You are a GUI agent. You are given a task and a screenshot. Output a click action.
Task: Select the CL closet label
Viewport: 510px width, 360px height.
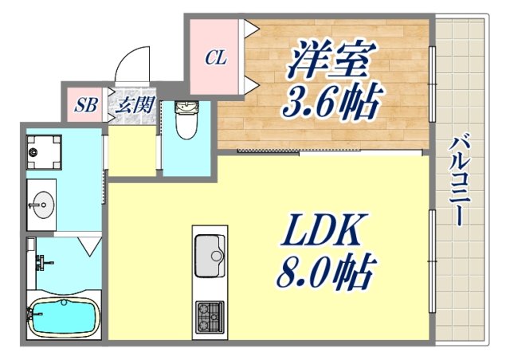[215, 58]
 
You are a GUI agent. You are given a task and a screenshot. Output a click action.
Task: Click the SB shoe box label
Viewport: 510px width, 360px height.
[84, 104]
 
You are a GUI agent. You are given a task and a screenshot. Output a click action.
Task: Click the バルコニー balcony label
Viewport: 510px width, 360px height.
[457, 180]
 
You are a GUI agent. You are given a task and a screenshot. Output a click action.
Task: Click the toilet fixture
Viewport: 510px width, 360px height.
[186, 121]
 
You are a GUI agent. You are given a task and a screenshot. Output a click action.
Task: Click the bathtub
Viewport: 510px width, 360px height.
[63, 318]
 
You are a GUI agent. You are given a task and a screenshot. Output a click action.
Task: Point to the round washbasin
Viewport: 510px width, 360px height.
[41, 205]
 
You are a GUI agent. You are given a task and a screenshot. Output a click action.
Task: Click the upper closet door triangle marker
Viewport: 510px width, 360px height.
[251, 30]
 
